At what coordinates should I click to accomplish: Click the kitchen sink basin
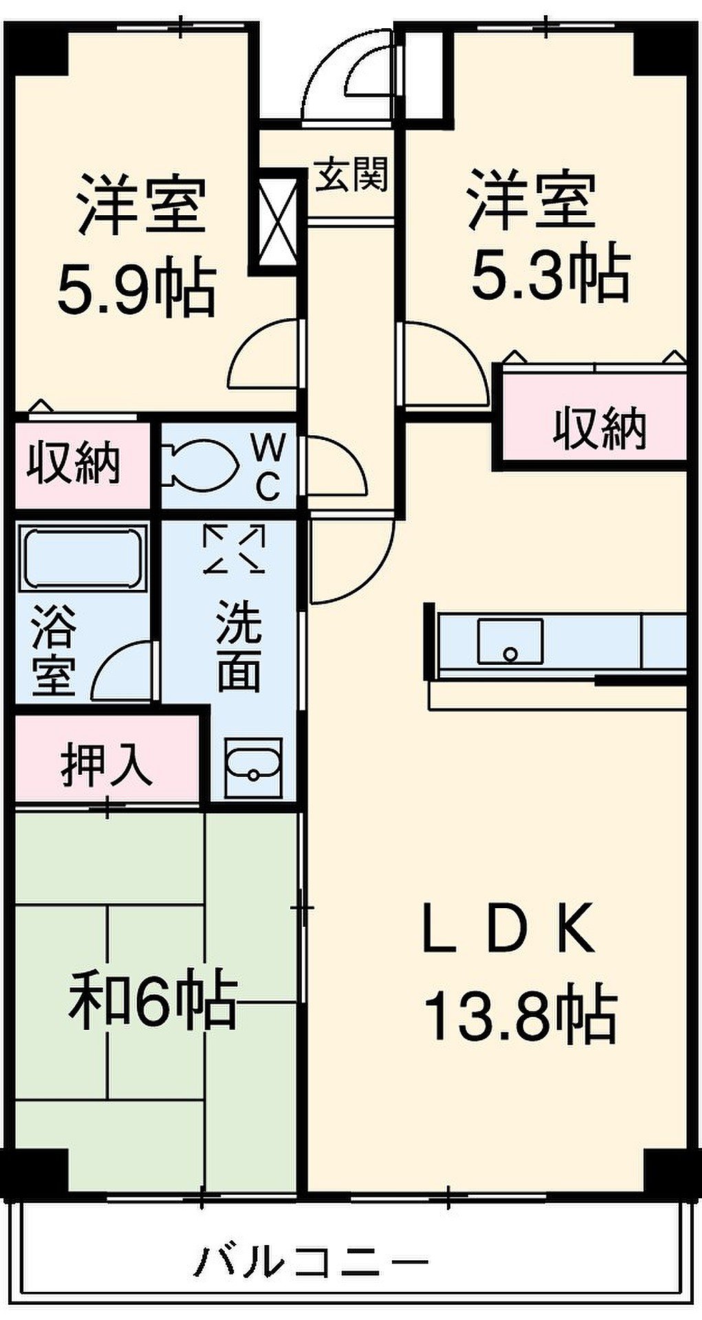coord(510,641)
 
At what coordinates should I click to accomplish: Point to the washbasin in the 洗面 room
coord(252,767)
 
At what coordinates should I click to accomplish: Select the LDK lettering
coord(508,928)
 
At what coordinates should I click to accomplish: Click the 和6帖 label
coord(153,1000)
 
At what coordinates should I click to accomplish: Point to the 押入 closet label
coord(106,764)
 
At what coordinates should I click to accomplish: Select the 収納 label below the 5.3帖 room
coord(600,428)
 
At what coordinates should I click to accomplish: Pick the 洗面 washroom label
coord(239,644)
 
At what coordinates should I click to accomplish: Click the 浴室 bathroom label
coord(53,650)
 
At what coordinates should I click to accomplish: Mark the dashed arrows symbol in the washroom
coord(234,548)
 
